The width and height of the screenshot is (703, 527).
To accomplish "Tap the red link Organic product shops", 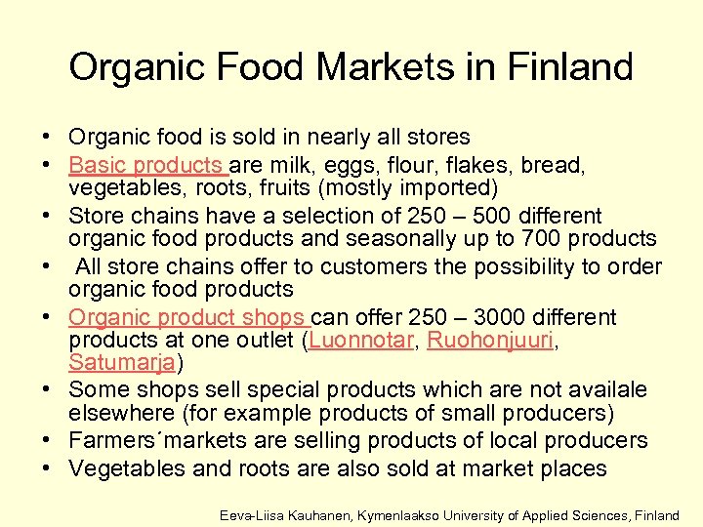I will pyautogui.click(x=186, y=317).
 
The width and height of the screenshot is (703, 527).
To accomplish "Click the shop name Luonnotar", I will pyautogui.click(x=354, y=341).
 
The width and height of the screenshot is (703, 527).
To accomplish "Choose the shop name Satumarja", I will pyautogui.click(x=123, y=363).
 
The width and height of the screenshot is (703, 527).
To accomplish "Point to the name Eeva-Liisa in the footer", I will pyautogui.click(x=251, y=514).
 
